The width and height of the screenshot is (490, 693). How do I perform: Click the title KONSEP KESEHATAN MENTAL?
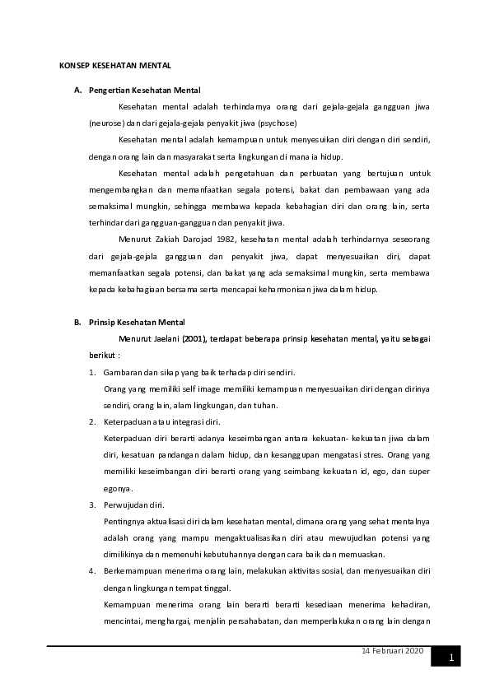pyautogui.click(x=115, y=63)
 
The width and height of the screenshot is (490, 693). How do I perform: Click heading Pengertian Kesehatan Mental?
pyautogui.click(x=145, y=90)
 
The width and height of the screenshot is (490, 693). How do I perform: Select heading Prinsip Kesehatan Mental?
pyautogui.click(x=138, y=322)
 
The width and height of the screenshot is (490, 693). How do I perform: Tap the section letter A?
pyautogui.click(x=77, y=90)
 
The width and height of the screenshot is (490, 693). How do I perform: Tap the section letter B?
pyautogui.click(x=77, y=322)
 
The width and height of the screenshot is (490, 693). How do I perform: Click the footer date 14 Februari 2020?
pyautogui.click(x=392, y=651)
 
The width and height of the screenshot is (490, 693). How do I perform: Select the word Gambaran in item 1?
pyautogui.click(x=124, y=372)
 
